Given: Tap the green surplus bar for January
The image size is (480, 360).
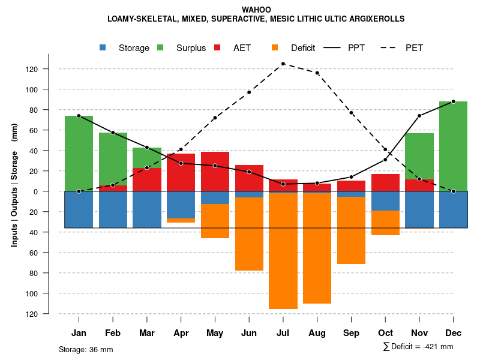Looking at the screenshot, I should click(79, 153).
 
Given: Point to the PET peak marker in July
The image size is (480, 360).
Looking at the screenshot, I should click(283, 64).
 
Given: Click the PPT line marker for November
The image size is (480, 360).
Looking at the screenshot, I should click(419, 116).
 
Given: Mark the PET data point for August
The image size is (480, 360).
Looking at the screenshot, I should click(317, 73).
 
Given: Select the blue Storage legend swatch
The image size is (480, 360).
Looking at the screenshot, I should click(103, 48).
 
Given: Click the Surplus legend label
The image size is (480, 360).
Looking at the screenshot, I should click(191, 48).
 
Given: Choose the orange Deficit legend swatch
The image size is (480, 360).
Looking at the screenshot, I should click(275, 48).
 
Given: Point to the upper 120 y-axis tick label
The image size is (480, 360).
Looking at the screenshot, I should click(32, 69).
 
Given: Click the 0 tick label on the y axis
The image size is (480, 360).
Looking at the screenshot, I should click(35, 191).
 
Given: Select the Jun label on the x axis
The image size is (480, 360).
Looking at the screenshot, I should click(249, 333).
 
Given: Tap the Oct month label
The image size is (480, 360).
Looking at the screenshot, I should click(385, 333).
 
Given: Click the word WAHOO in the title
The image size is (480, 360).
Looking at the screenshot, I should click(256, 10).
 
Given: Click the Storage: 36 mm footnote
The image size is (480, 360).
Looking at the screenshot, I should click(86, 349).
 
